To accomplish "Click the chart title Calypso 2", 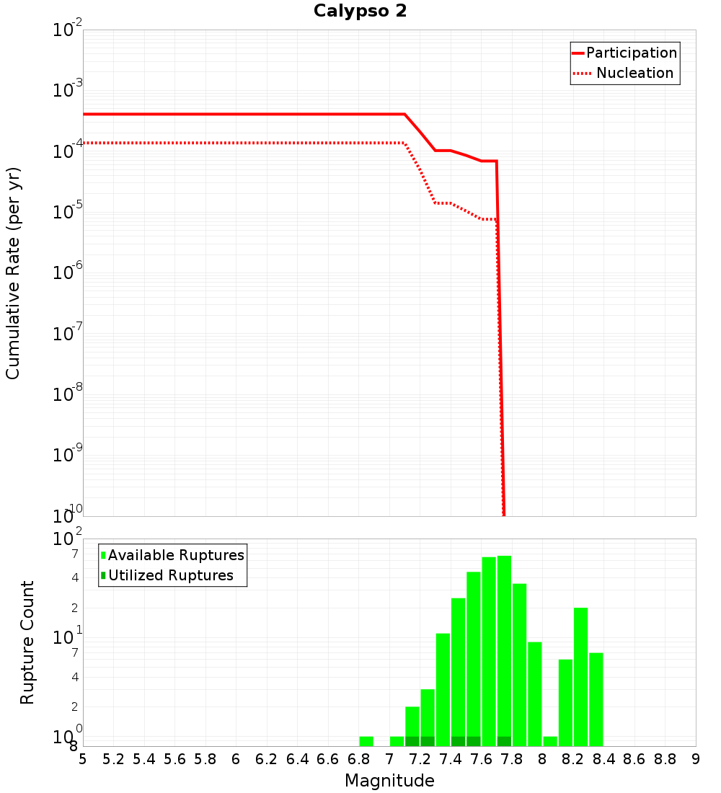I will tap(360, 12).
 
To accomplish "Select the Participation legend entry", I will tap(631, 53).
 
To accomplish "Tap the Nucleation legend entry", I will tap(634, 73).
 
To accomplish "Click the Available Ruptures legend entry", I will tap(176, 555).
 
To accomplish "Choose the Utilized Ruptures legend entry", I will tap(170, 575).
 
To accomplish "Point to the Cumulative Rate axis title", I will tap(13, 273).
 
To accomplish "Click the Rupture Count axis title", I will tap(27, 642).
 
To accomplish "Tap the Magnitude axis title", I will tap(389, 781).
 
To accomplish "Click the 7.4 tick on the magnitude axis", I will tap(451, 759).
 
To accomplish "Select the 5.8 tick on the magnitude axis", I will tap(205, 759).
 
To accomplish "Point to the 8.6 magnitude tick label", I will tap(634, 759).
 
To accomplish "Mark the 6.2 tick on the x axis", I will tap(267, 759).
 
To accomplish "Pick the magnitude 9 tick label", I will tap(695, 759).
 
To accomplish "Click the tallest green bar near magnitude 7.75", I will tap(504, 649).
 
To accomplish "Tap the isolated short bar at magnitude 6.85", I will tap(366, 741).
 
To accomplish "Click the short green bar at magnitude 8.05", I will tap(550, 741).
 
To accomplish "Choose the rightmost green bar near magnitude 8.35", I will tap(596, 699).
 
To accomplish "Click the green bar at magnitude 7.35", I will tap(443, 689).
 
